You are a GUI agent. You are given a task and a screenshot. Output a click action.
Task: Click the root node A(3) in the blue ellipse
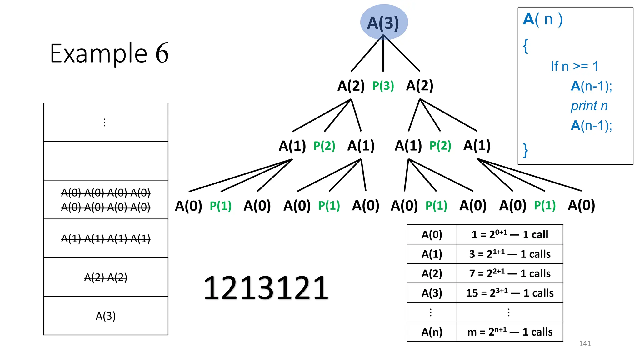383,23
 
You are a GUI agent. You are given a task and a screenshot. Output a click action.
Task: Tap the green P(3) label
383,86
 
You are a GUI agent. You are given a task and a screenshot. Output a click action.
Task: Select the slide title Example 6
109,53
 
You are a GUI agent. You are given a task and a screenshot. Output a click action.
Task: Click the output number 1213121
266,288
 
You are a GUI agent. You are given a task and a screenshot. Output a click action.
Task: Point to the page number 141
585,343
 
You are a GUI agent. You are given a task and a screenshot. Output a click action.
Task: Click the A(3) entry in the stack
106,316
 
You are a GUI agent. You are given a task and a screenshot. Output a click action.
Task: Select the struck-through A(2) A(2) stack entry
106,277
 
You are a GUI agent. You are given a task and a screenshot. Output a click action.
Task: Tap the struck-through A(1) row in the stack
106,239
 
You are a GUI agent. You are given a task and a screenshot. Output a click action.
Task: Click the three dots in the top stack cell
104,122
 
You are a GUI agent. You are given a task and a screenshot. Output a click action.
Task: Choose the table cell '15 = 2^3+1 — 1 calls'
510,293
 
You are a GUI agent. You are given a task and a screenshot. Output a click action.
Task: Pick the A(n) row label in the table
432,332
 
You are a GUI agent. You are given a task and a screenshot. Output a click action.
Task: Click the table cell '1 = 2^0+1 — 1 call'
510,234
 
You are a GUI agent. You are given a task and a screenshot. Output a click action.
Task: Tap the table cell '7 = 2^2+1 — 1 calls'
510,273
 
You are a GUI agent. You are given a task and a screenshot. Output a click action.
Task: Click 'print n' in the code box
589,106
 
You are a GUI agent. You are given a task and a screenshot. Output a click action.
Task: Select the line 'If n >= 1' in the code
574,66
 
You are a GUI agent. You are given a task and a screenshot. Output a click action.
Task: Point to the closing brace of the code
526,150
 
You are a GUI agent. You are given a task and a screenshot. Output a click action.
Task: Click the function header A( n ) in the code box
543,19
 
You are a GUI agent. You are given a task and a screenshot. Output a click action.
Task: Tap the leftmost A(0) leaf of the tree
188,206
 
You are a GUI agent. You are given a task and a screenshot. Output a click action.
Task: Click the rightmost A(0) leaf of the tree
581,205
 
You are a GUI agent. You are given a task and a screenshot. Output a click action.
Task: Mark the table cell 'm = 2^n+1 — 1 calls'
510,332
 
